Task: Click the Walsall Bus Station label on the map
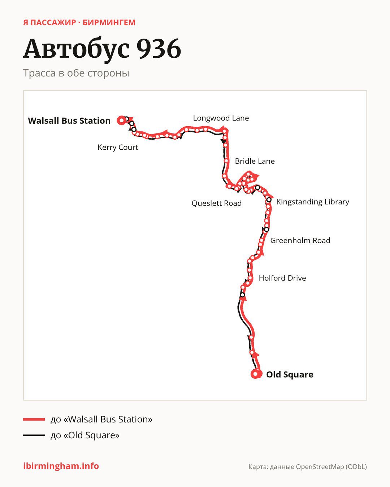click(69, 120)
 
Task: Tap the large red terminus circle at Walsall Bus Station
click(122, 120)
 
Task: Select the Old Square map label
click(290, 374)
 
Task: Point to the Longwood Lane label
click(221, 118)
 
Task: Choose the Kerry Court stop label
click(118, 147)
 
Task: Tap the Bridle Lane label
click(255, 161)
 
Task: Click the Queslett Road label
click(217, 203)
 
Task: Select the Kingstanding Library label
click(313, 202)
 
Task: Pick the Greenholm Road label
click(300, 240)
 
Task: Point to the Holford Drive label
click(282, 278)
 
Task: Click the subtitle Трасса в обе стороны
click(76, 73)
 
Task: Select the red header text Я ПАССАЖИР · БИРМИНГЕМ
click(79, 23)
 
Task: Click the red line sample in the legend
click(34, 419)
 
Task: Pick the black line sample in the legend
click(34, 435)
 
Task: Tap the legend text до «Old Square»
click(85, 435)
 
